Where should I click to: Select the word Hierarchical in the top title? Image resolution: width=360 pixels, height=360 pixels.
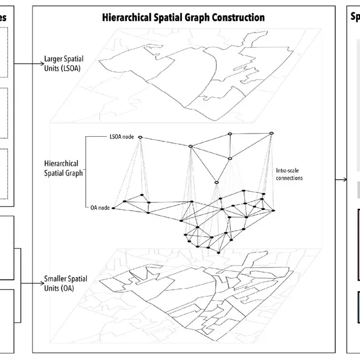click(127, 18)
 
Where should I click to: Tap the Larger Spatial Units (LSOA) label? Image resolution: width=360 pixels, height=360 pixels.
click(65, 63)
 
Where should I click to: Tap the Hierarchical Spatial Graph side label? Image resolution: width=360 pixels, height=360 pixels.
click(62, 168)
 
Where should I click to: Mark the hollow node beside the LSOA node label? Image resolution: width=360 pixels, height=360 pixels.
click(140, 137)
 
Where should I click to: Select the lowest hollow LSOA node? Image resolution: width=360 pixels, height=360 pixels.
click(216, 182)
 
